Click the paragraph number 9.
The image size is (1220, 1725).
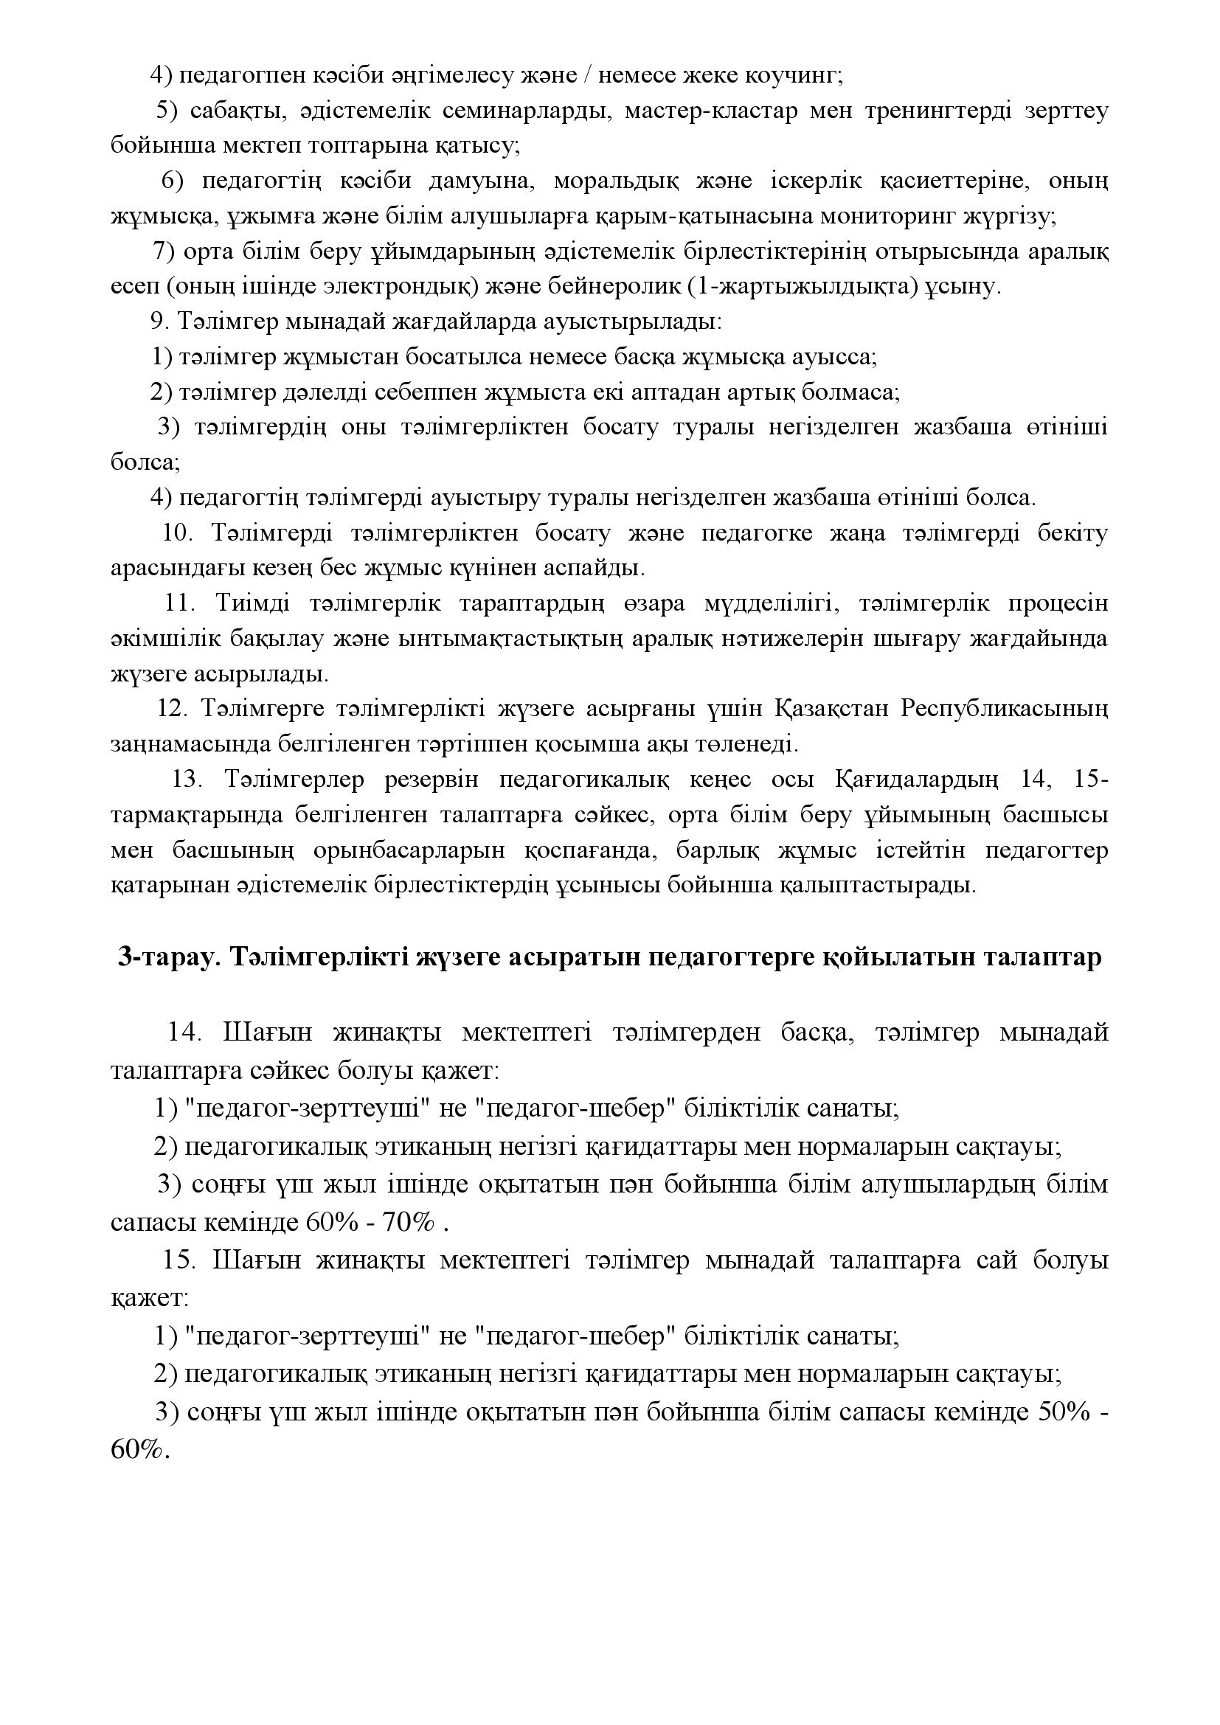click(x=156, y=322)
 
